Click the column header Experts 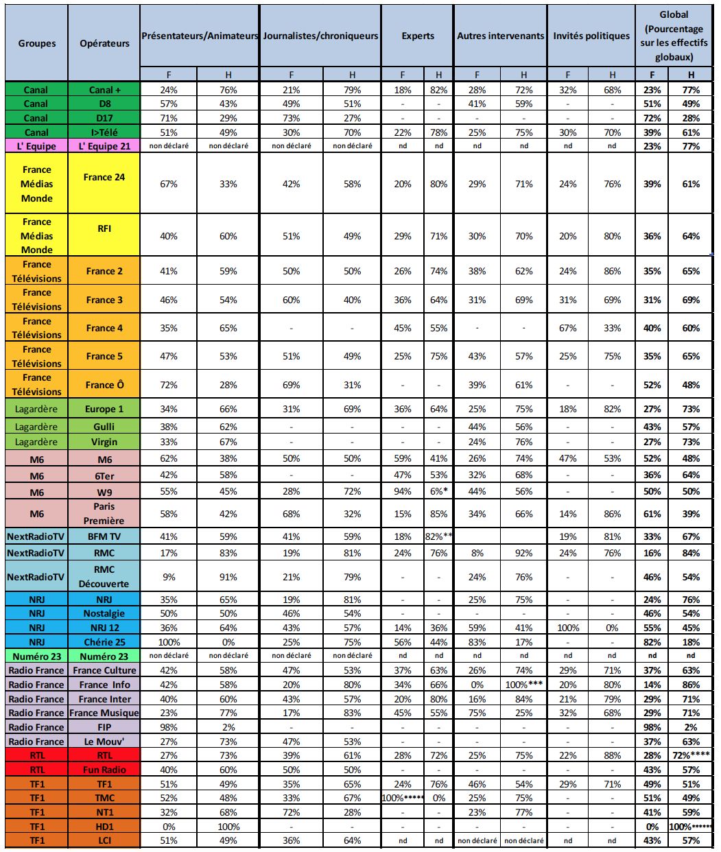tap(418, 36)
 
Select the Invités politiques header tap(591, 36)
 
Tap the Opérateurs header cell tap(104, 43)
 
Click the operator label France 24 tap(104, 177)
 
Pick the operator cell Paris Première tap(104, 513)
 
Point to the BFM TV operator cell tap(104, 536)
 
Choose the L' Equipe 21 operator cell tap(104, 146)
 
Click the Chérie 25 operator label tap(104, 642)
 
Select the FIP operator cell tap(104, 727)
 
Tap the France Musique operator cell tap(104, 713)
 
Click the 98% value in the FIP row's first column tap(169, 727)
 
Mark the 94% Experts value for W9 tap(403, 491)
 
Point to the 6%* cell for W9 tap(438, 491)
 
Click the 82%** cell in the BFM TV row tap(438, 536)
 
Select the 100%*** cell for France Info tap(523, 685)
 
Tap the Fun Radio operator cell tap(104, 770)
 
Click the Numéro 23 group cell tap(36, 656)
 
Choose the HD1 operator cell tap(104, 827)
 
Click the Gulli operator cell tap(104, 427)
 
